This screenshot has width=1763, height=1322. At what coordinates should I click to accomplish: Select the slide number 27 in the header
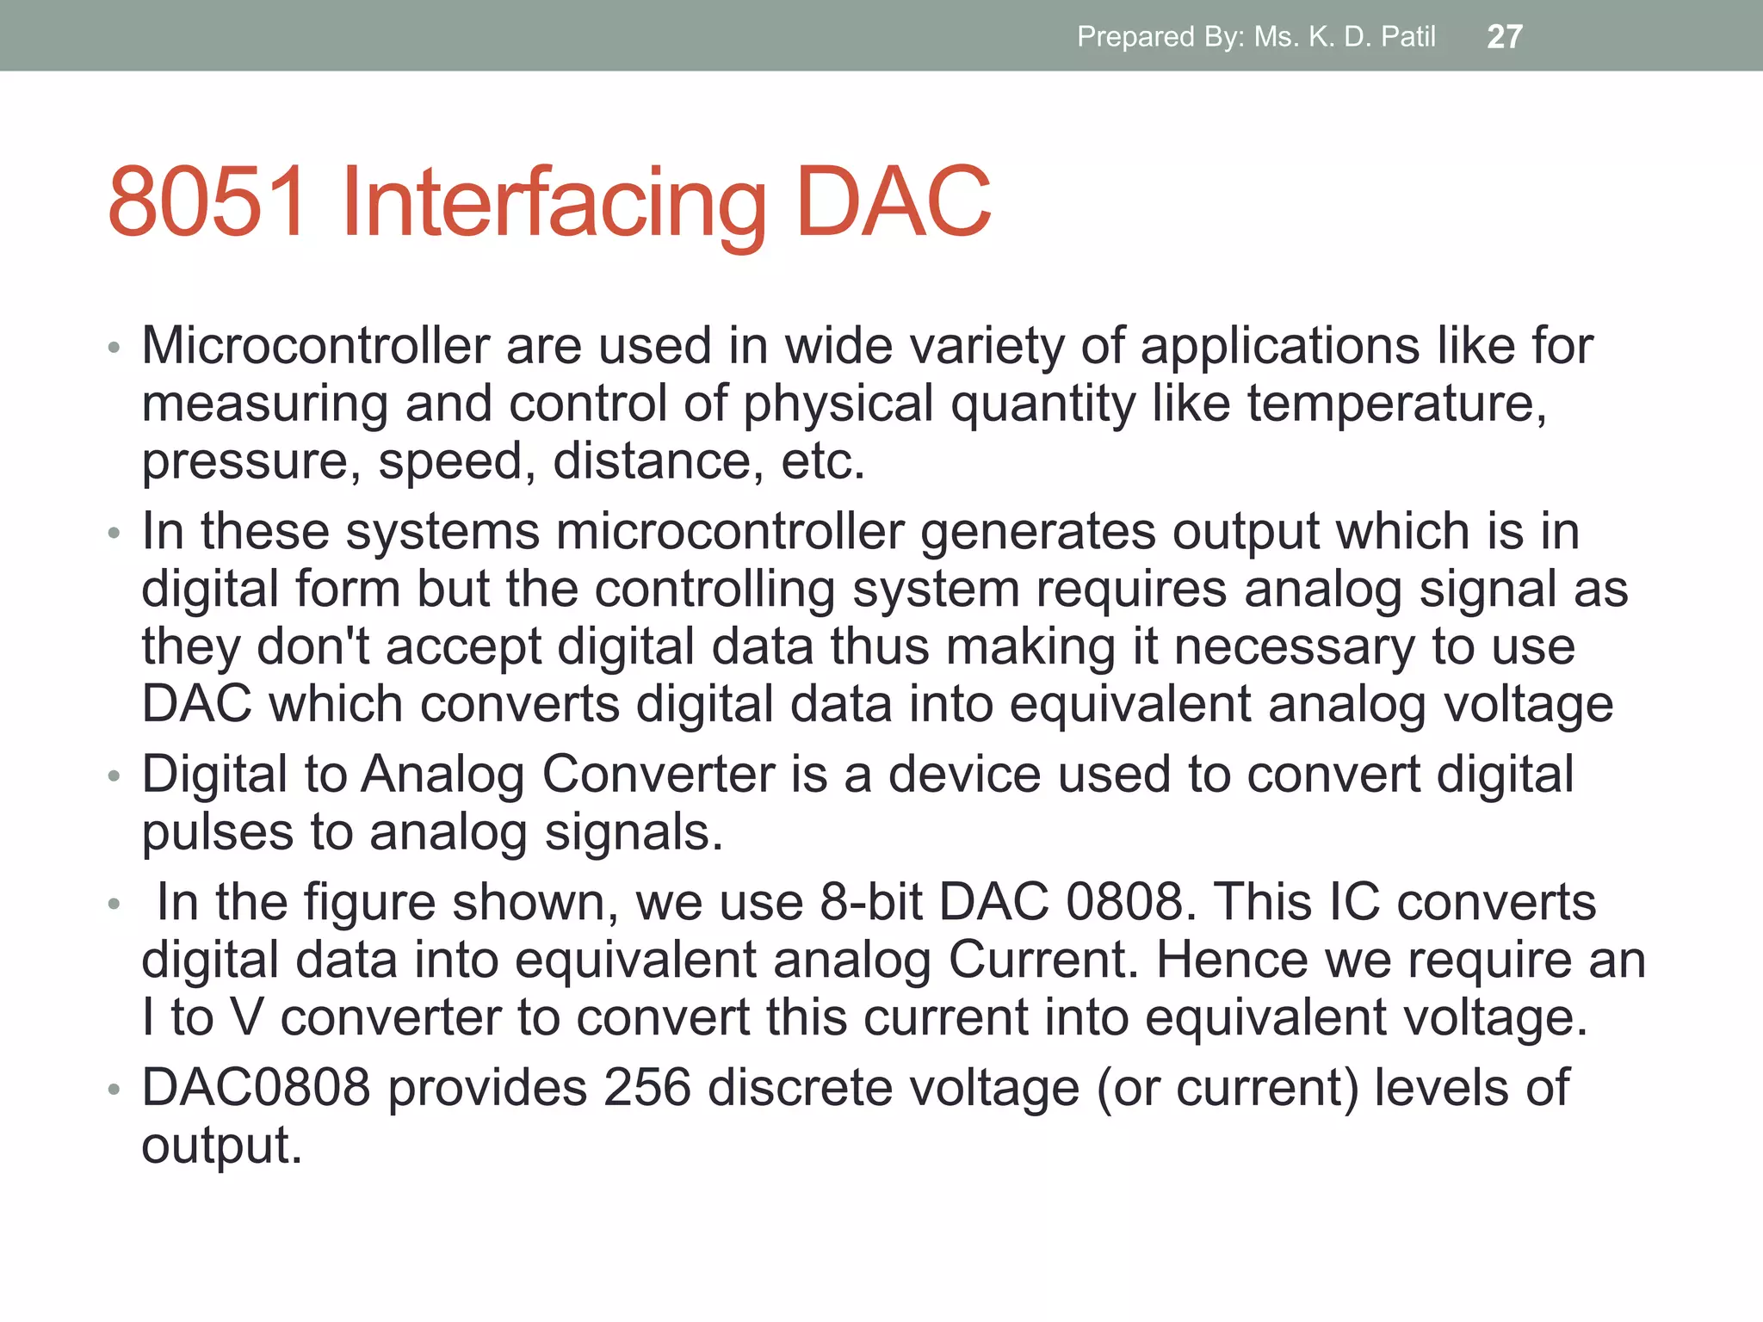coord(1505,37)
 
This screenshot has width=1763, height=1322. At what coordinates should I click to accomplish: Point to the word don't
coord(313,646)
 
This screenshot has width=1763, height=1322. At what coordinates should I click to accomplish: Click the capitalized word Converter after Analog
coord(659,774)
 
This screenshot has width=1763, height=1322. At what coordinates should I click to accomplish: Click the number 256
coord(647,1087)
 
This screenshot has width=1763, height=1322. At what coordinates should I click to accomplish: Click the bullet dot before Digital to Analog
coord(114,776)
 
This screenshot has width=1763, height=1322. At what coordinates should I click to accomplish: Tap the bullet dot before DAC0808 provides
coord(114,1090)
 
